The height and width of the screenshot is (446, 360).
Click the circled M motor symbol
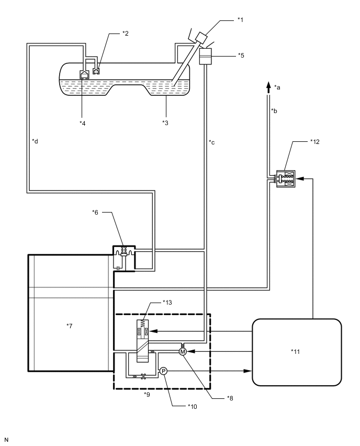(x=183, y=352)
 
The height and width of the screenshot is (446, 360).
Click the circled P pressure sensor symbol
(x=163, y=371)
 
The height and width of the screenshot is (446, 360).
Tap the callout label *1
(x=240, y=19)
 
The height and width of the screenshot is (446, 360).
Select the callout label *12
(x=315, y=142)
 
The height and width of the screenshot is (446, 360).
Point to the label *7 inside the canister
(x=70, y=326)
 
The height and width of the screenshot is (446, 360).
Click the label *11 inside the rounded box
(x=296, y=352)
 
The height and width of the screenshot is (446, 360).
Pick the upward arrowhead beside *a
(x=268, y=87)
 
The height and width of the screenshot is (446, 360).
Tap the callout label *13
(x=167, y=303)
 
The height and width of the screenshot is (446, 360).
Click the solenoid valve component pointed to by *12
(x=286, y=179)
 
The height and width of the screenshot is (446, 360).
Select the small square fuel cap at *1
(x=201, y=38)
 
